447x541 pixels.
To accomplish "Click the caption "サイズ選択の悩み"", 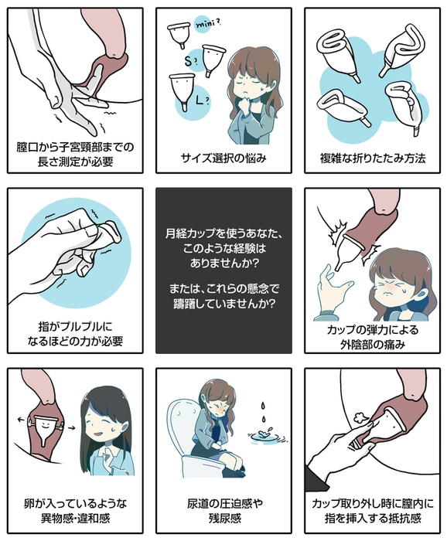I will (x=223, y=158).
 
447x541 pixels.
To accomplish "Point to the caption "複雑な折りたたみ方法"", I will (x=374, y=158).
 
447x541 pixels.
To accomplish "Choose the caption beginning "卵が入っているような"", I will (x=74, y=511).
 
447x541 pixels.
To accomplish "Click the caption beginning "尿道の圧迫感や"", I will (x=223, y=511).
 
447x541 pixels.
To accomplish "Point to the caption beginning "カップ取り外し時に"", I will (x=374, y=511).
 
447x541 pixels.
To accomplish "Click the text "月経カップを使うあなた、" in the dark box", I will (x=223, y=233).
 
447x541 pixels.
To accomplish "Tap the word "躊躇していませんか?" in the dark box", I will (x=223, y=302).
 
